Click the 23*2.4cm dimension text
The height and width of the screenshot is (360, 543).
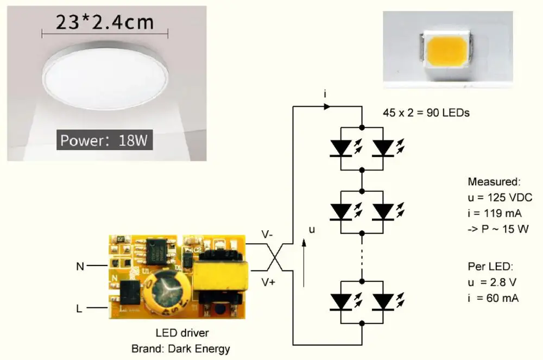(x=105, y=22)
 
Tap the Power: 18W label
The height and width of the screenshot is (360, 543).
(x=104, y=140)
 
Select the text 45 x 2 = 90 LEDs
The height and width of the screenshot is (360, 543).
(x=426, y=113)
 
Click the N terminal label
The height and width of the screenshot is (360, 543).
(x=80, y=266)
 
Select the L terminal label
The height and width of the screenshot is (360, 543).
(x=80, y=308)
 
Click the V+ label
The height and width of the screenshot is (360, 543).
(x=268, y=282)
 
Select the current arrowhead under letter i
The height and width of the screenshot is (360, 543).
(x=326, y=107)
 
